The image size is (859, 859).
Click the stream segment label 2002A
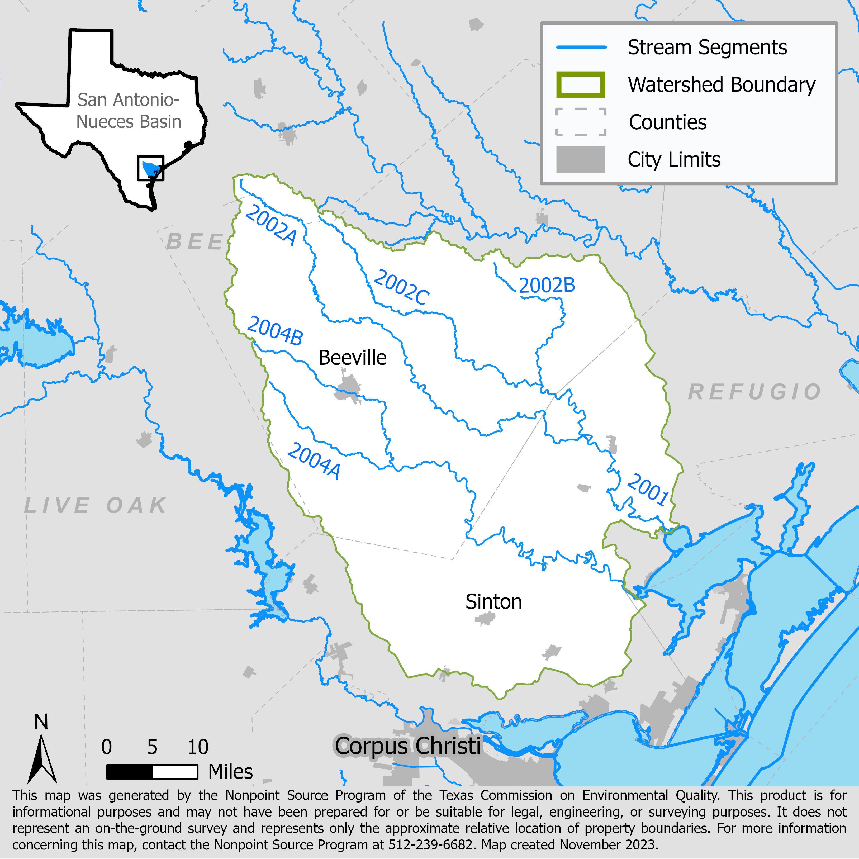click(x=271, y=225)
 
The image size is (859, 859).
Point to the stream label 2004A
click(x=314, y=461)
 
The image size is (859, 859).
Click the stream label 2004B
click(x=275, y=331)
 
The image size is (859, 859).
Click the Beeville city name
click(x=352, y=358)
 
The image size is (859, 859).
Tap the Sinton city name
click(x=493, y=602)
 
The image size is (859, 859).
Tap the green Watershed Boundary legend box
click(x=581, y=84)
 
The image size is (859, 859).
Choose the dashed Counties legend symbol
click(x=581, y=122)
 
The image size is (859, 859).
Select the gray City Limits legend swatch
click(x=581, y=159)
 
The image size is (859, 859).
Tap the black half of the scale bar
click(x=129, y=771)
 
